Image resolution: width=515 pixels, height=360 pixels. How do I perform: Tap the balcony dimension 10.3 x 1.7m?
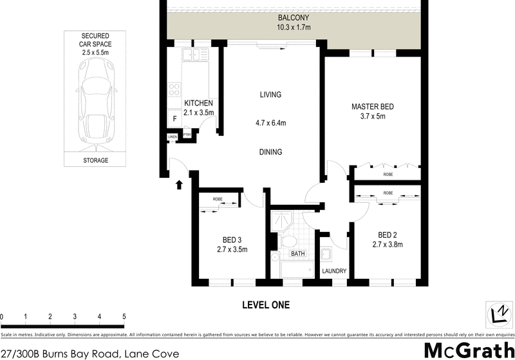tap(293, 28)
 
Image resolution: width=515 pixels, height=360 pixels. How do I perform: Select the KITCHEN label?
tap(199, 103)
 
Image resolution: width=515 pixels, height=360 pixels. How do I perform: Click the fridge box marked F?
tap(174, 118)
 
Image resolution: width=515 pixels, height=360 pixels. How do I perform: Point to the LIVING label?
tap(270, 95)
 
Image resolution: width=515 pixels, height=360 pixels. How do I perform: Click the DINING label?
tap(270, 152)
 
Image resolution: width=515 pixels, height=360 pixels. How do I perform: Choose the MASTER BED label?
tap(372, 107)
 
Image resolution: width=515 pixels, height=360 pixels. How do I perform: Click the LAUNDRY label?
tap(334, 271)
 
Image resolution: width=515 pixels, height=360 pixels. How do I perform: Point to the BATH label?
tap(297, 254)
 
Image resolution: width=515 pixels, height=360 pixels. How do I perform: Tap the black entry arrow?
tap(179, 185)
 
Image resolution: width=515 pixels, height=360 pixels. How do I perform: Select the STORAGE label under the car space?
tap(96, 160)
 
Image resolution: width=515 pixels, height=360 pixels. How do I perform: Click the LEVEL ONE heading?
tap(265, 305)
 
